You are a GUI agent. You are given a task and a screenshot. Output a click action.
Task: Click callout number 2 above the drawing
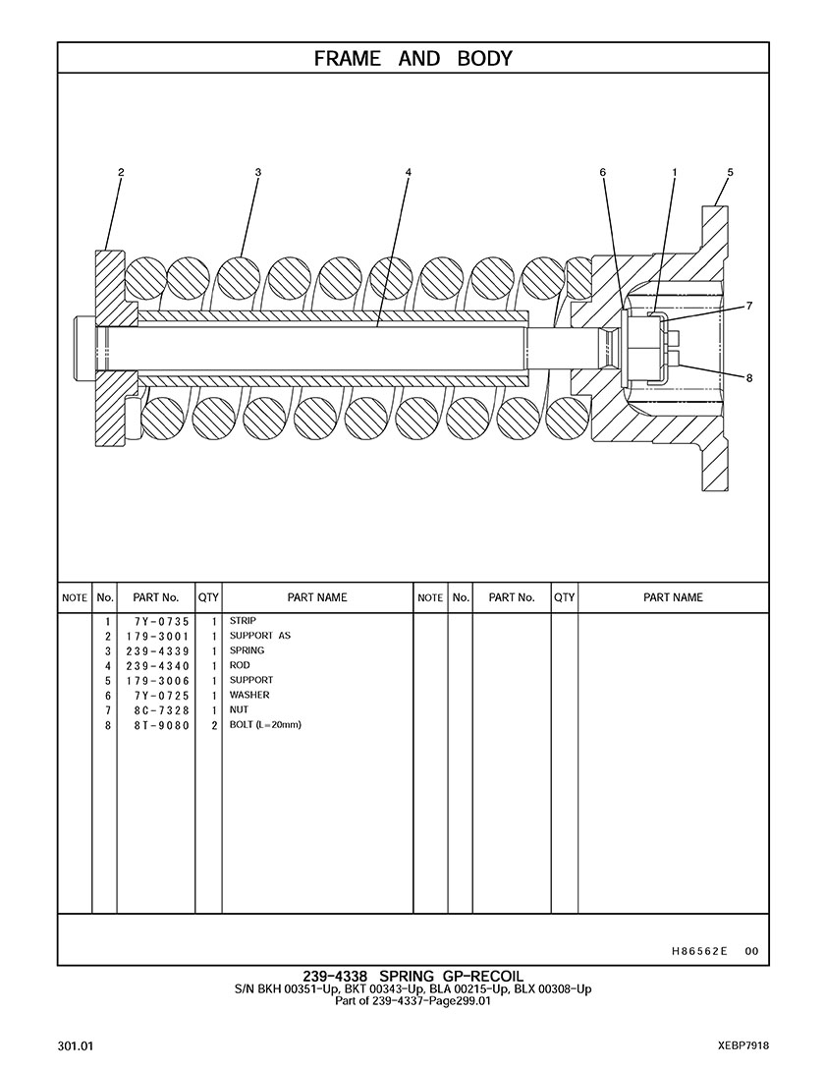coord(121,173)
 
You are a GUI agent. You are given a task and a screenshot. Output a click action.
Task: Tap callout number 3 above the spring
coord(257,173)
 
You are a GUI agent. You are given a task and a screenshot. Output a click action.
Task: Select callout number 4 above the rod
coord(408,173)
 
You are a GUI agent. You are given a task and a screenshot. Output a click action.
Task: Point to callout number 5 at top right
coord(730,173)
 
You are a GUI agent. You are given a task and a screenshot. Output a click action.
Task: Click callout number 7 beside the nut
coord(749,307)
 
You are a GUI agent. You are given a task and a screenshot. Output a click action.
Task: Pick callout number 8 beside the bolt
coord(749,377)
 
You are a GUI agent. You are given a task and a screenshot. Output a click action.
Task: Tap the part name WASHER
coord(249,695)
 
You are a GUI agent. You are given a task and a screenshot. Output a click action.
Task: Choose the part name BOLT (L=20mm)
coord(265,724)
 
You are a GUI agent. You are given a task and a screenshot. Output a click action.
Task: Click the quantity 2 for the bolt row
coord(212,725)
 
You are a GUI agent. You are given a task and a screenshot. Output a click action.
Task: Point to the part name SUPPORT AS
coord(260,636)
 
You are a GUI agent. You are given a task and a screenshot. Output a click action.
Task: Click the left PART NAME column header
coord(316,597)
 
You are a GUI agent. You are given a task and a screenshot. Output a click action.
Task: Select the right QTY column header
coord(564,597)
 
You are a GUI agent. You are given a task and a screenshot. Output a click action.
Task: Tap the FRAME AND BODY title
coord(412,59)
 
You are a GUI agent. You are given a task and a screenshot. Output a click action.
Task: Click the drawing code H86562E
coord(699,950)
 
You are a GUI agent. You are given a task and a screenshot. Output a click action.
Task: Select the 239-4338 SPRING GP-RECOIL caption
coord(412,976)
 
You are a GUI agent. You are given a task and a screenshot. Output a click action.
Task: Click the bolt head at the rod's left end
coord(82,348)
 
